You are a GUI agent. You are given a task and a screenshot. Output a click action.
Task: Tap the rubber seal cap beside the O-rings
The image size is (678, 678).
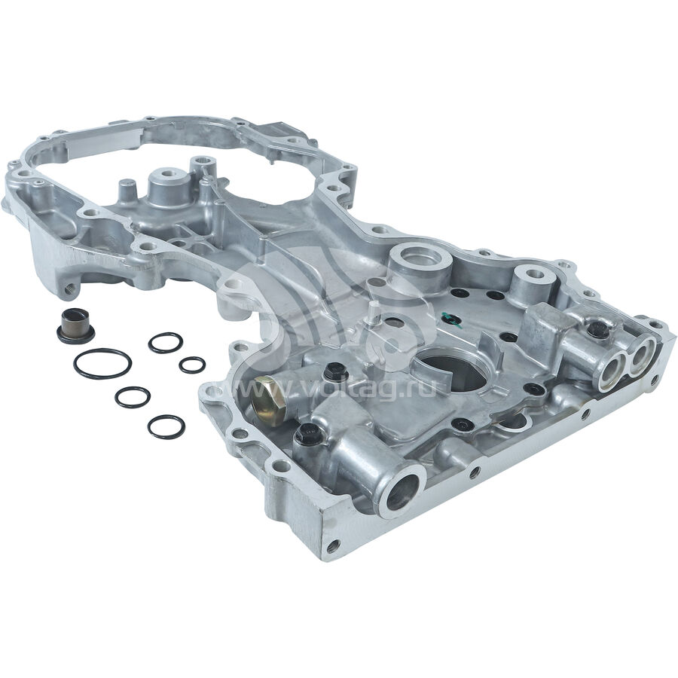pos(76,325)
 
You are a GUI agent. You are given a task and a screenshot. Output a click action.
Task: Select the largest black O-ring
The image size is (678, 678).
pos(102,364)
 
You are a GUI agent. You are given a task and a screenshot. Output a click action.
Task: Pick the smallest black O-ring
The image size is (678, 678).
pos(192,365)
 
